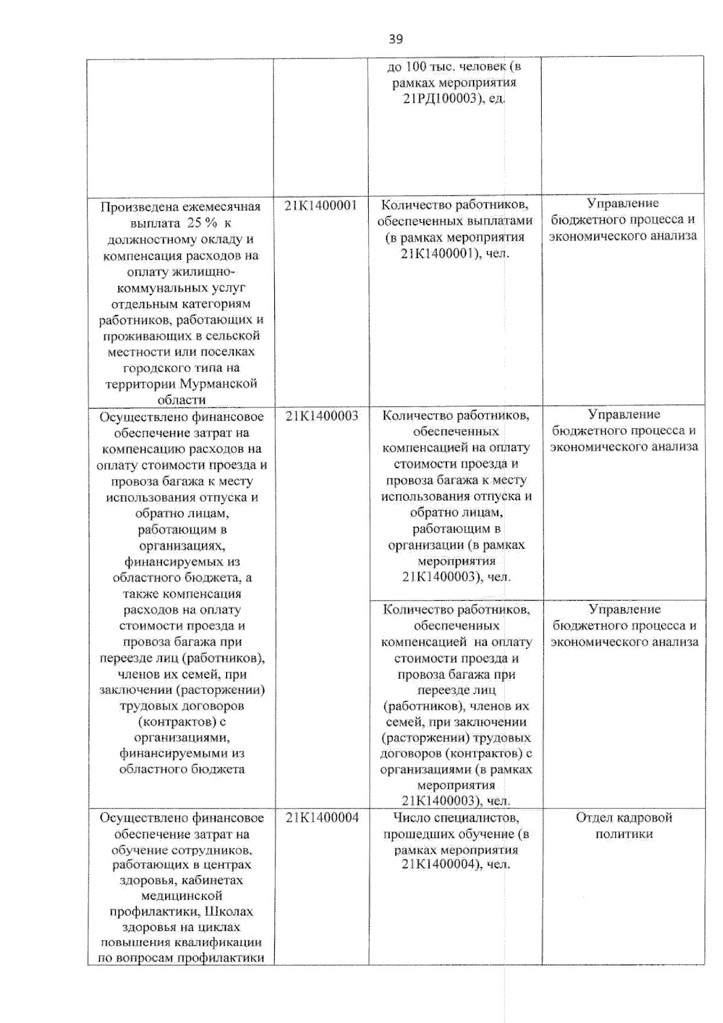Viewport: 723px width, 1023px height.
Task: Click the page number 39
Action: (395, 39)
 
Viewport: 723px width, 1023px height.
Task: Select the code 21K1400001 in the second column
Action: (321, 206)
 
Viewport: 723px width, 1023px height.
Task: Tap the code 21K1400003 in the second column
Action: (322, 416)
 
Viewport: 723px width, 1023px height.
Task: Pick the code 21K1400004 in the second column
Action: (322, 818)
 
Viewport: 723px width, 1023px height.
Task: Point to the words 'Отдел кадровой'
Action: (624, 818)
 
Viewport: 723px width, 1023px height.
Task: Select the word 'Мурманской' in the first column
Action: (227, 384)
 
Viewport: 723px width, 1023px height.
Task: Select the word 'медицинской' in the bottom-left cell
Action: (181, 896)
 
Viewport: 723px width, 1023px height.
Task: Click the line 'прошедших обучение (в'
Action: (455, 834)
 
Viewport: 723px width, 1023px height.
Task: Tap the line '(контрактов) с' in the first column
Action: (181, 721)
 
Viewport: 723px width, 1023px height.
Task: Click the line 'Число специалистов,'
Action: (455, 818)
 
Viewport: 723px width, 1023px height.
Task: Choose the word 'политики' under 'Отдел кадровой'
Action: (624, 834)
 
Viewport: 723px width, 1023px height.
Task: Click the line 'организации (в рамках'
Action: (456, 545)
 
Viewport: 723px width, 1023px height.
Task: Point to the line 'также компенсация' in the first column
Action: (181, 593)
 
